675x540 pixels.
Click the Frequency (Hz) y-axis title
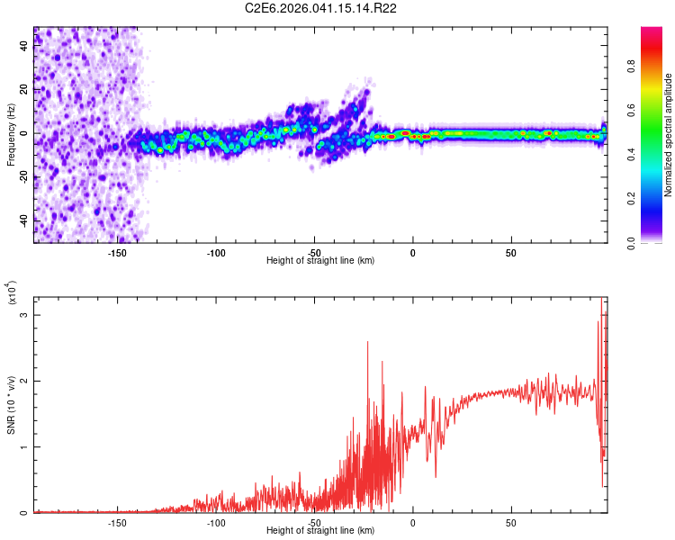point(11,134)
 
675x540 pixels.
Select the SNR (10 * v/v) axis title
point(11,404)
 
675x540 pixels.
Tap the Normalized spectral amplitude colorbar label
point(669,134)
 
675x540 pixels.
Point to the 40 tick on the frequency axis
point(24,47)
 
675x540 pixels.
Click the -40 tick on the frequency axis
point(24,220)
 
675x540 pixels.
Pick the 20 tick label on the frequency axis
point(24,90)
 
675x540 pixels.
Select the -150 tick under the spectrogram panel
point(117,253)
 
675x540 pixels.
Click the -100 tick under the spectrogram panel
point(216,253)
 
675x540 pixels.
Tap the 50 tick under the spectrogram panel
point(510,253)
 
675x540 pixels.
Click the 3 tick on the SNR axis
point(24,315)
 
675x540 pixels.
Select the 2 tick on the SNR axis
point(24,381)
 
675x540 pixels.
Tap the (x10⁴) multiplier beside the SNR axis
point(13,294)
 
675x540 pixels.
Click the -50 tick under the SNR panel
point(314,523)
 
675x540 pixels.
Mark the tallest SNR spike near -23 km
point(367,342)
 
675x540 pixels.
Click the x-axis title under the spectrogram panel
point(320,261)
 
